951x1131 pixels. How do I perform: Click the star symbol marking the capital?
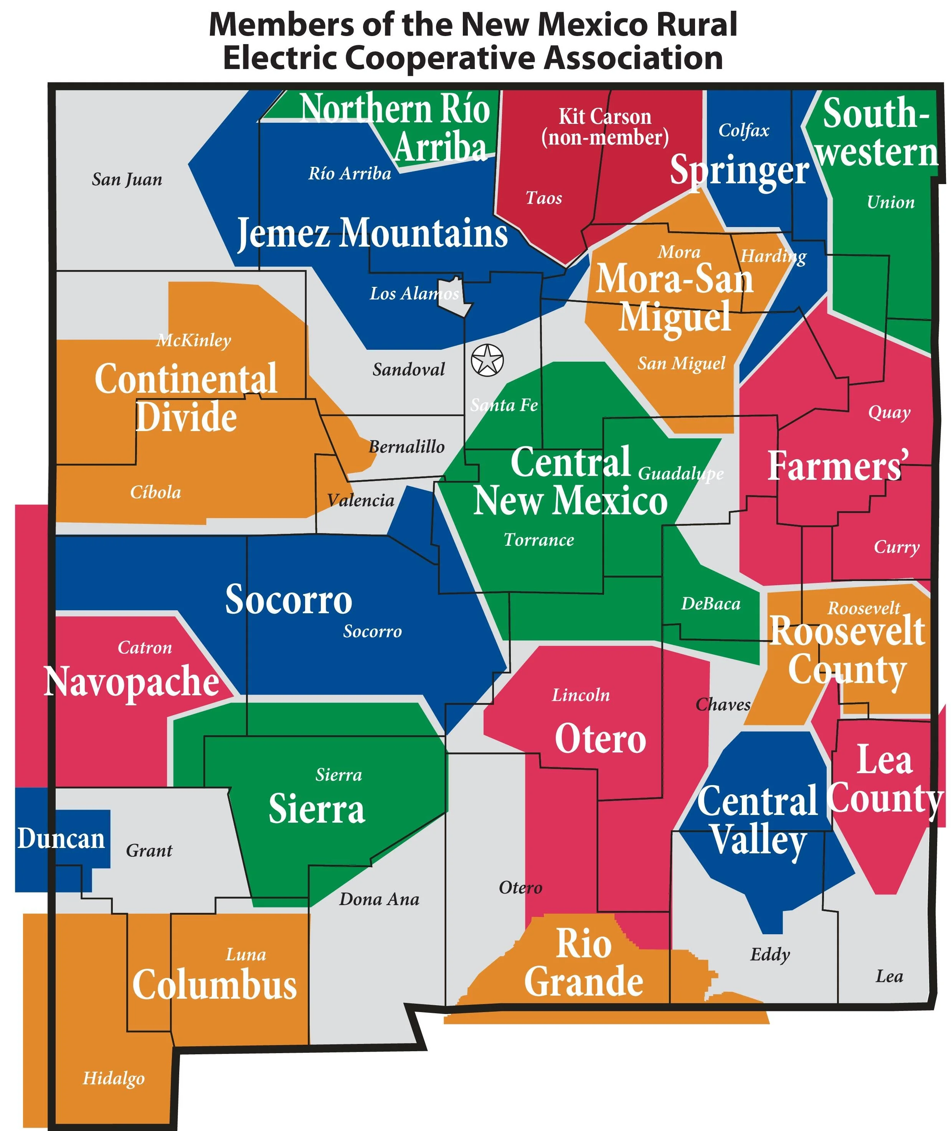point(487,359)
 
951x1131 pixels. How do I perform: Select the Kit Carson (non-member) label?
point(605,127)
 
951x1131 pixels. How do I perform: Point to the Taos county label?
point(543,198)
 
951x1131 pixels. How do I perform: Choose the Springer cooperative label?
point(739,170)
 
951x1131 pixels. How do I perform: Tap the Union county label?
point(891,202)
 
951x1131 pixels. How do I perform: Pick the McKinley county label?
point(193,340)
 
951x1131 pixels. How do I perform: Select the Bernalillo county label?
point(406,447)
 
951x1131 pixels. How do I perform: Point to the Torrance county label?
point(538,540)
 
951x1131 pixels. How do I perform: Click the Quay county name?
point(889,413)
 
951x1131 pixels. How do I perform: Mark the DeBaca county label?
point(710,604)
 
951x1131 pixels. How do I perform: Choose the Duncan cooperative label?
point(61,839)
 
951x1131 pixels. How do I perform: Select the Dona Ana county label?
point(379,899)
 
